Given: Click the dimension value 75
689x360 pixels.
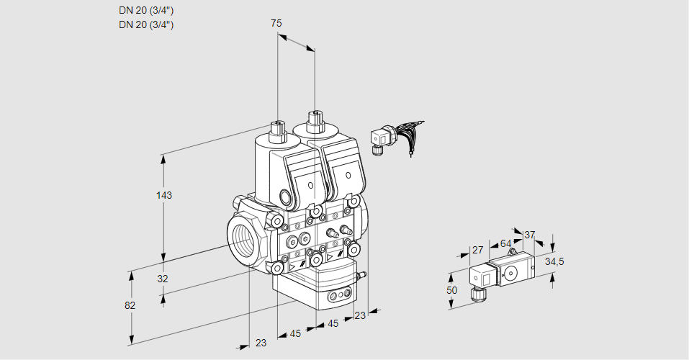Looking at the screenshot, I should tap(276, 24).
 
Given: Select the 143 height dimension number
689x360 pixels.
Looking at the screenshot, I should tap(165, 195).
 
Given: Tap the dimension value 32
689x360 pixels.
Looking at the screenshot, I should tap(163, 279).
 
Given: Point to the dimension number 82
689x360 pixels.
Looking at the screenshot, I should tap(130, 305).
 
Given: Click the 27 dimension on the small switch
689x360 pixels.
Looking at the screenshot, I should tap(477, 251).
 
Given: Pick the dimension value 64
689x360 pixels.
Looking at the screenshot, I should tap(505, 243).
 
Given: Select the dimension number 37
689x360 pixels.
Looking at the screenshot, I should tap(530, 235).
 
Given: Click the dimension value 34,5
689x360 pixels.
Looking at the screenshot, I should tap(554, 261).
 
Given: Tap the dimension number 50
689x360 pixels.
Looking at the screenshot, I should tap(451, 290).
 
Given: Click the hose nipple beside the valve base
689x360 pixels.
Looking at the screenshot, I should tap(362, 274).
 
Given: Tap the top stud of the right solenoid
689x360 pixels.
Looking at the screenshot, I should tap(315, 119).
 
